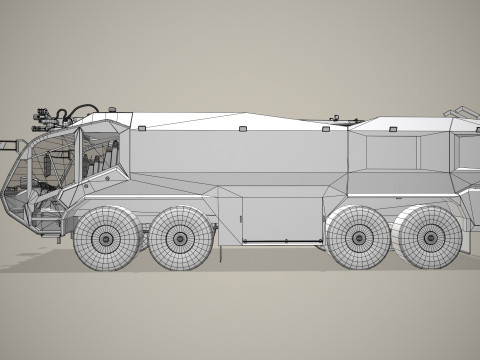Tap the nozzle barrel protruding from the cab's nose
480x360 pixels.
point(9,146)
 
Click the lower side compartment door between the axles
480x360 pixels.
point(283,219)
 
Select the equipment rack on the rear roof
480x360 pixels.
point(462,111)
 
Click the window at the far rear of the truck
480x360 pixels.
point(467,150)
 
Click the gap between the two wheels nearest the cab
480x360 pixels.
point(142,240)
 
